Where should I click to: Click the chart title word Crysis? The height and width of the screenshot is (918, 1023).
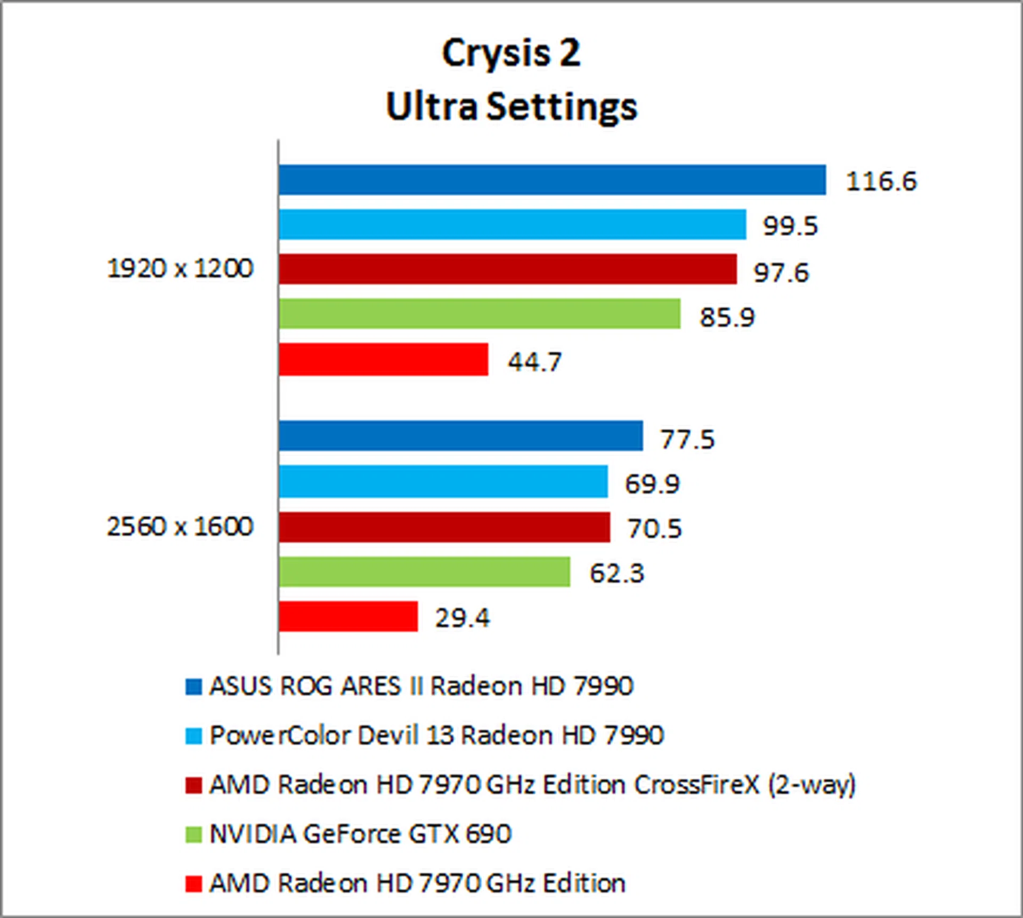click(497, 54)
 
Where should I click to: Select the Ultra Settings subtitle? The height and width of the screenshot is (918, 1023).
click(511, 107)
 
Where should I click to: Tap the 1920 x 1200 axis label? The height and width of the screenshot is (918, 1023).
click(180, 268)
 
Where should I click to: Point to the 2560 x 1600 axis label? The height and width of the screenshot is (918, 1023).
click(180, 527)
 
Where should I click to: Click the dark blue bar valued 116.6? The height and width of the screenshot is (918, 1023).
click(552, 180)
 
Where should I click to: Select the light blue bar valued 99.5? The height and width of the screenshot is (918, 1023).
click(512, 224)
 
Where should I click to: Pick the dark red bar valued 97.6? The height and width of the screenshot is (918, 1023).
click(508, 269)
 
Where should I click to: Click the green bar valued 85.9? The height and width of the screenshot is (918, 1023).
click(480, 313)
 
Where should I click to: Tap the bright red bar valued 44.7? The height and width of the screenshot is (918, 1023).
click(384, 359)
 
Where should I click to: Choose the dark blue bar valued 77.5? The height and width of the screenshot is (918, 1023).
click(461, 436)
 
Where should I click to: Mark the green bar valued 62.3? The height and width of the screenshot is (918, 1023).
click(424, 571)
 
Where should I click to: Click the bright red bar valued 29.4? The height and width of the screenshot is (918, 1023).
click(348, 616)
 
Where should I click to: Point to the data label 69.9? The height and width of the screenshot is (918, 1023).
click(652, 484)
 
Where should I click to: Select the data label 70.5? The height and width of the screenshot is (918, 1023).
click(654, 529)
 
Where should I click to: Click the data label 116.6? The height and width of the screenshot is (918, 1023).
click(881, 181)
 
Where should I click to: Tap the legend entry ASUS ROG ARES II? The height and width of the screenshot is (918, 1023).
click(421, 686)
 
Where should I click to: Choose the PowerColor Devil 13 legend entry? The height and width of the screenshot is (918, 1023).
click(436, 736)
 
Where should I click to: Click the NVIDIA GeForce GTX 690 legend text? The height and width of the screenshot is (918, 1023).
click(360, 834)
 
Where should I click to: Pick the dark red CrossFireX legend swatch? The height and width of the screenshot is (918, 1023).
click(193, 785)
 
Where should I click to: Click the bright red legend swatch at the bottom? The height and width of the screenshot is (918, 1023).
click(193, 884)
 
